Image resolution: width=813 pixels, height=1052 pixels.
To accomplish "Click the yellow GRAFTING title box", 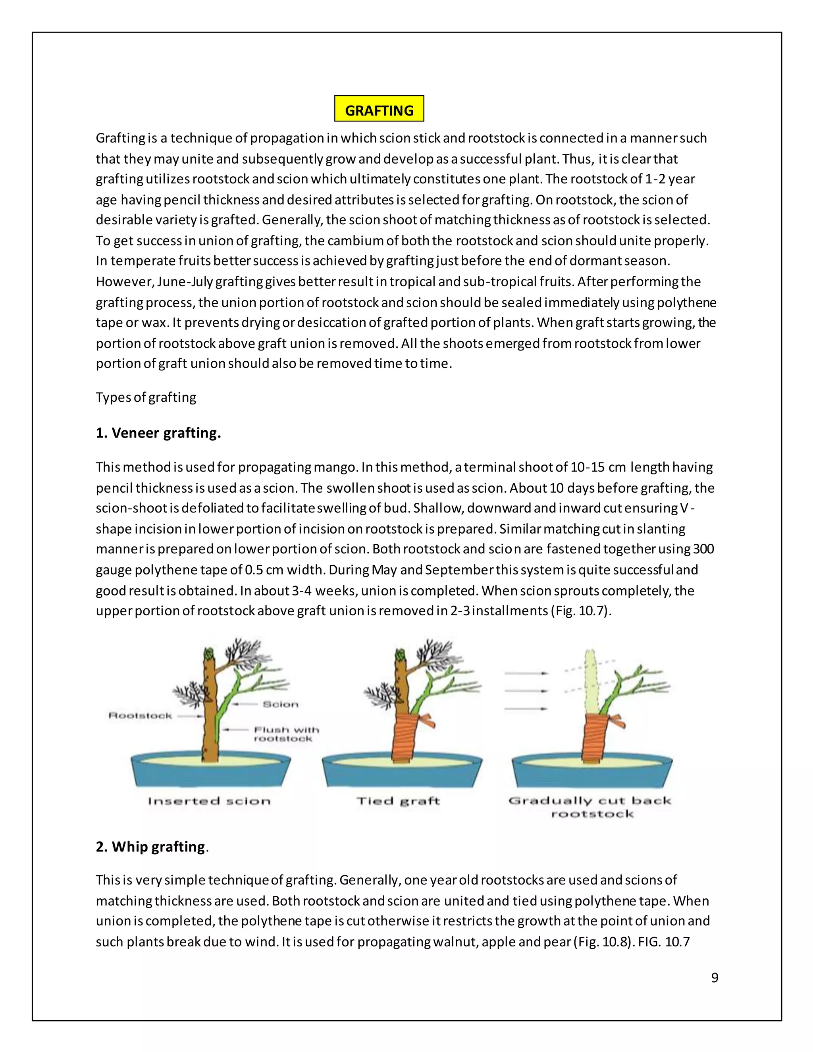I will (x=379, y=109).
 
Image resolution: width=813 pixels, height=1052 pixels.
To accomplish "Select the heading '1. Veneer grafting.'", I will (x=158, y=433).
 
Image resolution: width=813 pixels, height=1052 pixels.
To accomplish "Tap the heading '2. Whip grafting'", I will (x=151, y=846).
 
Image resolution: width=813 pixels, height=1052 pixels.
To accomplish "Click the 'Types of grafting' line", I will (x=146, y=397).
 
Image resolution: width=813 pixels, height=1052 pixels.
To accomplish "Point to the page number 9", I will (x=714, y=977).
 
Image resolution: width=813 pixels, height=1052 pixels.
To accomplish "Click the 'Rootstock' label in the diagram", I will (x=140, y=716).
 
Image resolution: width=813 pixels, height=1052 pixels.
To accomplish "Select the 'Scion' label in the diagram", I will (x=281, y=704).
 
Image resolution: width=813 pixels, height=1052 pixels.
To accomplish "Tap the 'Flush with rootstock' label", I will (x=286, y=734).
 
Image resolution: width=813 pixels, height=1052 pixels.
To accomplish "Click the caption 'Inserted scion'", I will (x=209, y=801).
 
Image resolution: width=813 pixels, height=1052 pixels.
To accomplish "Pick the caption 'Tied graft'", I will (x=398, y=801).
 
